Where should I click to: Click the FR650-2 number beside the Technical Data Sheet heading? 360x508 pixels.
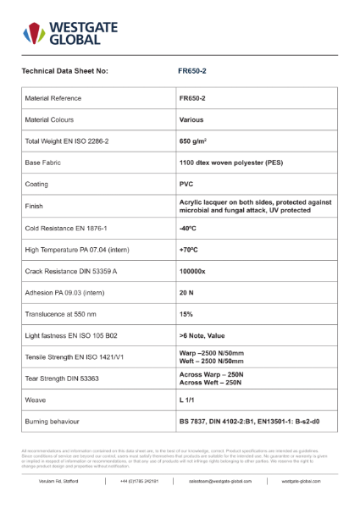(x=194, y=71)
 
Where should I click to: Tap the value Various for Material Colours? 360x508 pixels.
(x=191, y=119)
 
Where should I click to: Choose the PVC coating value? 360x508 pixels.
(x=187, y=185)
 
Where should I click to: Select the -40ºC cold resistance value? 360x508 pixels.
(x=188, y=229)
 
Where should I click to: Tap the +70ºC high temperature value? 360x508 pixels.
(x=189, y=251)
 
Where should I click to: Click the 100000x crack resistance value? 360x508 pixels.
(x=196, y=273)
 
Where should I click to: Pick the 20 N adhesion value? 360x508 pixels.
(x=187, y=294)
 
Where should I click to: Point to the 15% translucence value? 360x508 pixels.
(x=186, y=315)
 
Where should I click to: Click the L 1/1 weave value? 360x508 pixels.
(x=187, y=398)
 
